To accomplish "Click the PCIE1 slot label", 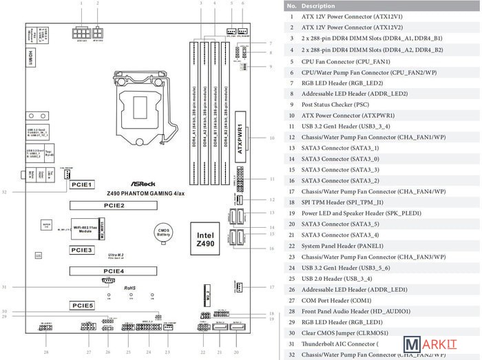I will (83, 184).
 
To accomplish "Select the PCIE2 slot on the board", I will (114, 205).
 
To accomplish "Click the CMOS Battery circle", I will (163, 235).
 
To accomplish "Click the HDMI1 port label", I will (31, 56).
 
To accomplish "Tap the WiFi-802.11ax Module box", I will (86, 229).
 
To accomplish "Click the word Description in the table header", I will (317, 6).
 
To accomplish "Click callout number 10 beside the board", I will (273, 137).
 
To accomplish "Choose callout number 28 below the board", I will (47, 352).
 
